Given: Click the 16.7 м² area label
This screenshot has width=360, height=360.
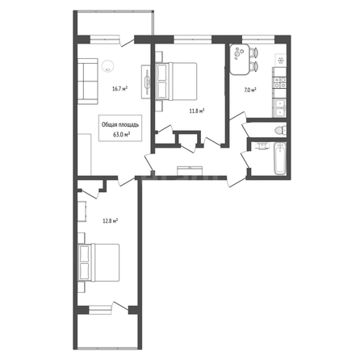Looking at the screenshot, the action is [x=119, y=89].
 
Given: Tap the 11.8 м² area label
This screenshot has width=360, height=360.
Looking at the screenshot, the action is [x=197, y=111].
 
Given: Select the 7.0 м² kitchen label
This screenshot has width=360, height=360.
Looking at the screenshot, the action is [x=250, y=90].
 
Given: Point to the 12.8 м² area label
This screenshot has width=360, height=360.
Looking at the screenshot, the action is [x=111, y=221].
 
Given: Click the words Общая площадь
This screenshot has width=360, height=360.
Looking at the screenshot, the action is [x=120, y=124].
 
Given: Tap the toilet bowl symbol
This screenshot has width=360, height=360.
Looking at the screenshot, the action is [x=281, y=130].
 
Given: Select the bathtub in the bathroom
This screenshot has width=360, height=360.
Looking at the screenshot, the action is [x=280, y=158].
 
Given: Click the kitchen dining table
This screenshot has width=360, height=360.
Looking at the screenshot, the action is [x=240, y=59].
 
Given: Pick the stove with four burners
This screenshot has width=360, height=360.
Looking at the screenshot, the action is [x=279, y=82].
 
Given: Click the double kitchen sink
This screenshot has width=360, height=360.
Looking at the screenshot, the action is [x=279, y=107].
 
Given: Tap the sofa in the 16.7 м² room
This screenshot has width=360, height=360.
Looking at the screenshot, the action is [x=88, y=82].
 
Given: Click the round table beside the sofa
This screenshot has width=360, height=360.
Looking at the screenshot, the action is [x=107, y=66].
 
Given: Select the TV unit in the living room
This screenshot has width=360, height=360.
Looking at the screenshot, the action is [x=146, y=82].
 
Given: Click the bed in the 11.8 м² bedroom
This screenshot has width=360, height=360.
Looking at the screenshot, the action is [x=176, y=82].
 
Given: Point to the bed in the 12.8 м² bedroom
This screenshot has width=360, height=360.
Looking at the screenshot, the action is [x=98, y=262].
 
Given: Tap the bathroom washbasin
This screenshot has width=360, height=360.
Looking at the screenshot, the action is [x=262, y=146].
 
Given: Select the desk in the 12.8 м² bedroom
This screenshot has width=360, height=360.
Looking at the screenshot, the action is [x=82, y=211].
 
